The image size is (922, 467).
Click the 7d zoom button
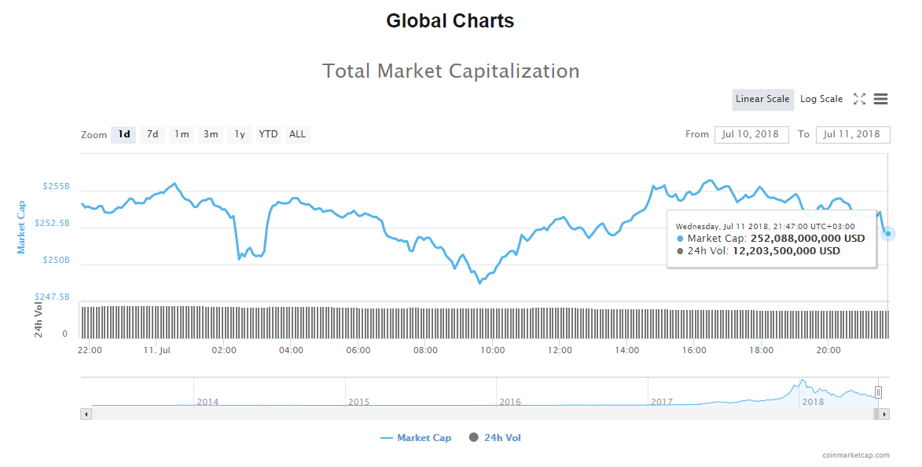152,134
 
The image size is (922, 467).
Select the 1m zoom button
182,134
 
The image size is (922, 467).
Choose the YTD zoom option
269,134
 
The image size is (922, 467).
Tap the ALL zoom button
297,134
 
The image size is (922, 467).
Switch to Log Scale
821,99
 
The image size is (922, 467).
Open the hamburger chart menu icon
880,99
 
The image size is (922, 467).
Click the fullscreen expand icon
859,99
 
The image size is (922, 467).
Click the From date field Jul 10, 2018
751,134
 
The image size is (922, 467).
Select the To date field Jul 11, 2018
852,134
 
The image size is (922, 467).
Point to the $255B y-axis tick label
56,187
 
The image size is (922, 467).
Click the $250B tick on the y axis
56,260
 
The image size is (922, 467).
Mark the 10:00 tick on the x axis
492,350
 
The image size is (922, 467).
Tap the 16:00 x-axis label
694,350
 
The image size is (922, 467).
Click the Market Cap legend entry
416,438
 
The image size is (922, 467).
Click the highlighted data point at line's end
888,233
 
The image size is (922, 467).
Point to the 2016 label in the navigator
510,402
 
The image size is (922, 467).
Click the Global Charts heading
450,21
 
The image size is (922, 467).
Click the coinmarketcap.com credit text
856,455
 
